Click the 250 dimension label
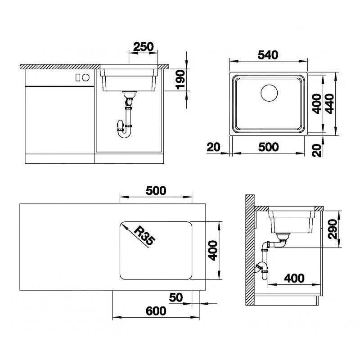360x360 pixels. pyautogui.click(x=144, y=46)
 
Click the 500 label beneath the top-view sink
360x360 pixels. pyautogui.click(x=268, y=147)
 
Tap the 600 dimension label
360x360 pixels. pyautogui.click(x=156, y=310)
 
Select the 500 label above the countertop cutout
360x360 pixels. pyautogui.click(x=156, y=190)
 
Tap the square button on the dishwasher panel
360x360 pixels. pyautogui.click(x=78, y=77)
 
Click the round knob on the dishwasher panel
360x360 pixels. pyautogui.click(x=86, y=77)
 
